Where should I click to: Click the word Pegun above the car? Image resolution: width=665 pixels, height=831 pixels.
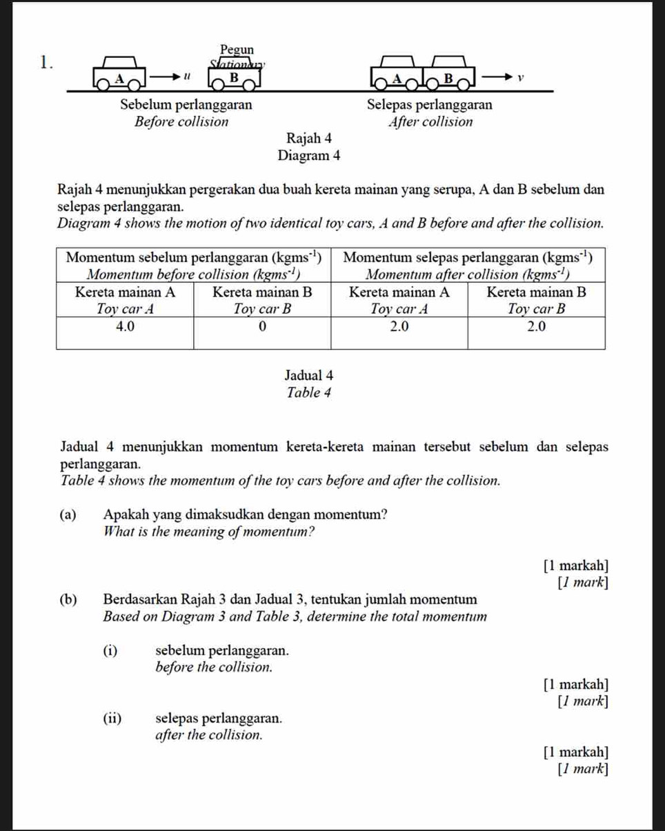point(237,49)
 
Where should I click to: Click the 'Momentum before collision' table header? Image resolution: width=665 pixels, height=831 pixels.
point(194,264)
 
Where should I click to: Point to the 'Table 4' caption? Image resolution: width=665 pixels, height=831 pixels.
point(309,392)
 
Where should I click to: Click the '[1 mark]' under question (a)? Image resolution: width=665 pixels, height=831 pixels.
point(584,583)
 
